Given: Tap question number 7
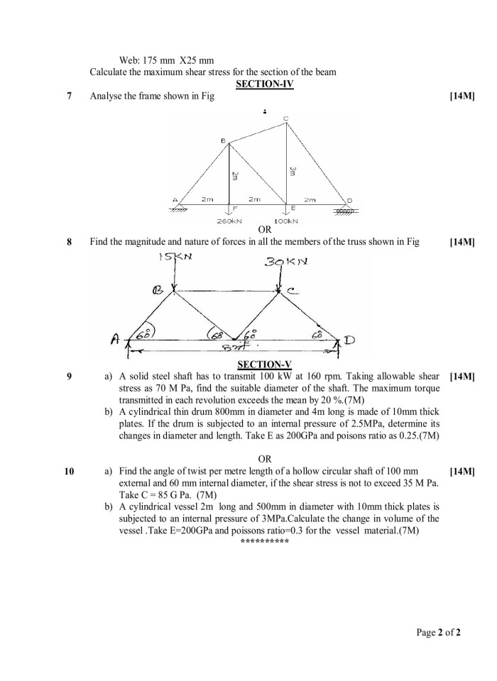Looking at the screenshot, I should (x=69, y=96).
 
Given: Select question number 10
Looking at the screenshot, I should (x=69, y=470).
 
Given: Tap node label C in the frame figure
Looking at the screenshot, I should (x=285, y=118).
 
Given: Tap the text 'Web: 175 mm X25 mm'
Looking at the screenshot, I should (x=168, y=60).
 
